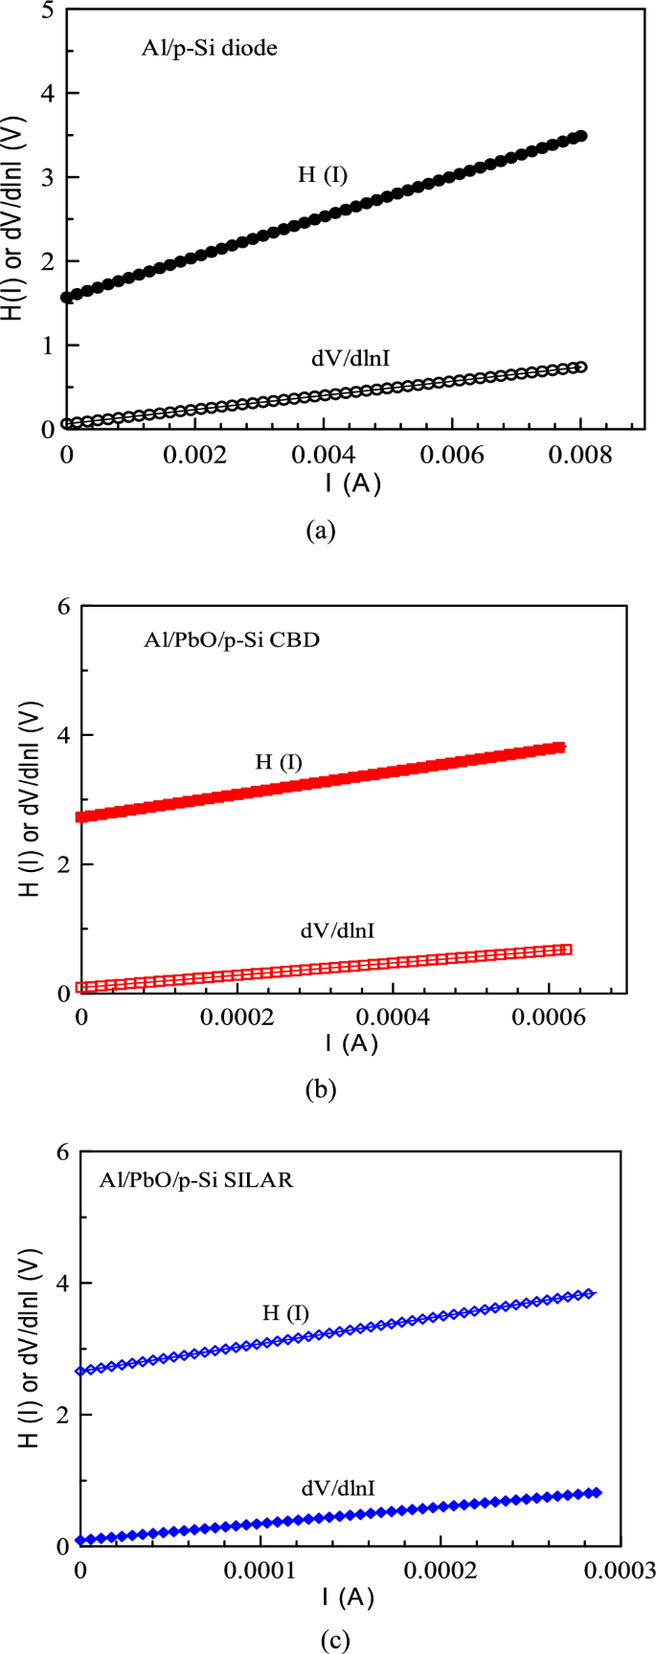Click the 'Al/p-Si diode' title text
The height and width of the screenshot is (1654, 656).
[x=210, y=48]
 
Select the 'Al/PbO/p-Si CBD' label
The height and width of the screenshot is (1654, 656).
[x=232, y=640]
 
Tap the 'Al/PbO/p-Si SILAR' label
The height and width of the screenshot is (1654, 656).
[x=196, y=1180]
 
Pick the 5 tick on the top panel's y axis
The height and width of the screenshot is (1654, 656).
[x=47, y=9]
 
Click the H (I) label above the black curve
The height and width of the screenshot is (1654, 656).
[x=323, y=175]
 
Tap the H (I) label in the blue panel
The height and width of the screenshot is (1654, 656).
[x=285, y=1313]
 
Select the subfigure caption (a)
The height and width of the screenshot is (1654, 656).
[x=319, y=529]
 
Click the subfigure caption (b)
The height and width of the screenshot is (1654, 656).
[x=320, y=1088]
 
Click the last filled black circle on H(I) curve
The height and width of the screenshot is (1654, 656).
[x=580, y=137]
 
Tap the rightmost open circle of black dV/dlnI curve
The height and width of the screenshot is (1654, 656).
[x=580, y=368]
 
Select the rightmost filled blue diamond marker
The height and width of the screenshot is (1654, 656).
[x=597, y=1492]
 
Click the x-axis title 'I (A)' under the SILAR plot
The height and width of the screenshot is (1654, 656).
[x=348, y=1597]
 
